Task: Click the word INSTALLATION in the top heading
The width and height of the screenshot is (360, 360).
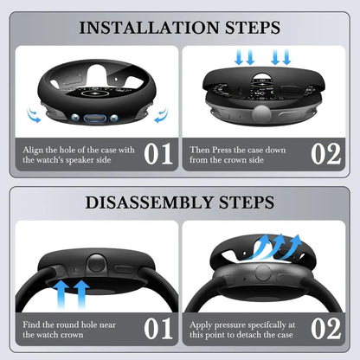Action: (149, 28)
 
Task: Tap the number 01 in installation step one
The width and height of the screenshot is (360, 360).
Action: (158, 154)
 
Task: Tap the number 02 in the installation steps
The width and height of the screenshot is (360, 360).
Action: (326, 154)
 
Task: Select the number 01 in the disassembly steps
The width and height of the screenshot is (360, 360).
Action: (158, 329)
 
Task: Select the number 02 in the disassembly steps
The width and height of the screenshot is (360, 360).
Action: (326, 329)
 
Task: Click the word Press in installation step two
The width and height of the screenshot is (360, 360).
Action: (222, 150)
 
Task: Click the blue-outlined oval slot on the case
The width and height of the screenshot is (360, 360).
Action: (95, 118)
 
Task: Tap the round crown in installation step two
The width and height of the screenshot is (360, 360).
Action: (261, 112)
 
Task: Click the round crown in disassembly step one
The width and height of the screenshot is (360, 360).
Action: (97, 263)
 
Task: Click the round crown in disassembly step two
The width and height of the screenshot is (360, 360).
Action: (263, 273)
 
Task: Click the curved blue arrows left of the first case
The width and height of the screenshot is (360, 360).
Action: (34, 115)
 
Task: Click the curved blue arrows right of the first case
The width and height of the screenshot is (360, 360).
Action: (161, 115)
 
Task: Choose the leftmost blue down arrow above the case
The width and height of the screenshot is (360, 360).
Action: (239, 57)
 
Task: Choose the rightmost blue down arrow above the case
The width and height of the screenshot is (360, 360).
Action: (286, 57)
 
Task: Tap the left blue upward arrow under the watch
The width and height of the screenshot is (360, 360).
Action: (61, 295)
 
